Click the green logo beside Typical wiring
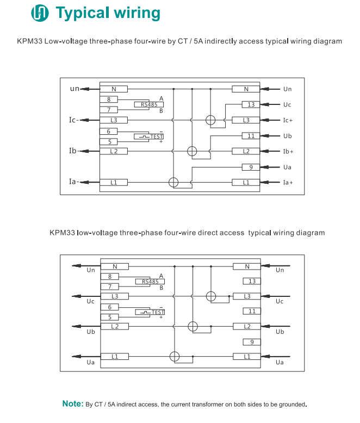point(40,13)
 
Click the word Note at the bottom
point(72,404)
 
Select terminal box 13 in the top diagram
point(251,104)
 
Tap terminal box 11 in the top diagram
point(251,136)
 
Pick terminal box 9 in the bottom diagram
point(251,342)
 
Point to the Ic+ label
point(288,120)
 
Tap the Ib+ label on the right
point(288,152)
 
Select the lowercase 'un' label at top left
point(75,89)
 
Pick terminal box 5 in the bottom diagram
point(110,317)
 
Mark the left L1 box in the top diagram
point(114,183)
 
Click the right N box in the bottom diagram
point(247,266)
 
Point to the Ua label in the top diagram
point(288,167)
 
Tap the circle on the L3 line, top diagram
point(210,120)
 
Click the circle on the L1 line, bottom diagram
point(174,357)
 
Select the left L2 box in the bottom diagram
point(114,326)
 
